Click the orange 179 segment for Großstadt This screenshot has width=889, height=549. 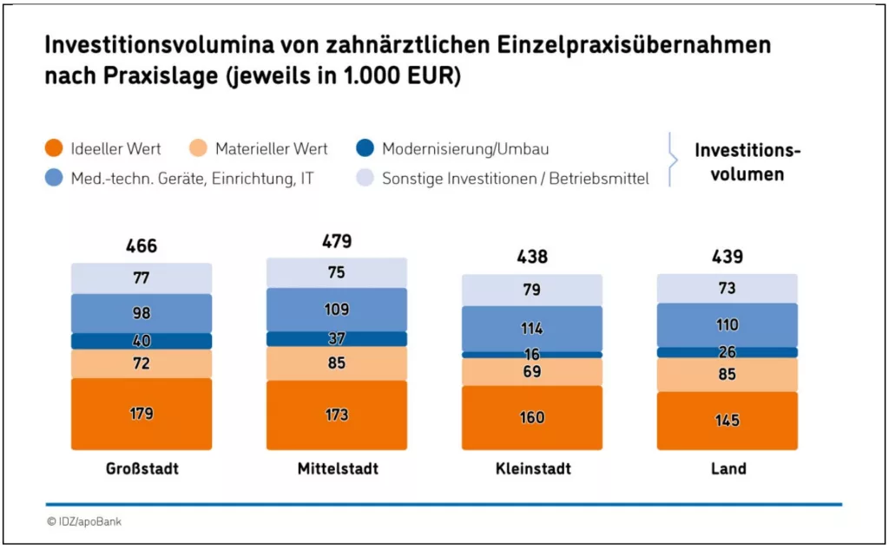[142, 414]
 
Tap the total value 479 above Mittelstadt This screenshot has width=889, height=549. [337, 241]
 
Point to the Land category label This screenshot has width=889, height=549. [728, 468]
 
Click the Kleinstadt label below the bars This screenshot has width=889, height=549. [532, 468]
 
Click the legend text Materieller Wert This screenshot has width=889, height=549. [271, 149]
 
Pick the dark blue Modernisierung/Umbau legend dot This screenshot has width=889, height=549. [365, 149]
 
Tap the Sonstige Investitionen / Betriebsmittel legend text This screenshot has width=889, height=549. [516, 180]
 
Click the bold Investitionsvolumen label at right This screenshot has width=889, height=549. [747, 162]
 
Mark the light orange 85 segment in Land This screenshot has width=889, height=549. [728, 375]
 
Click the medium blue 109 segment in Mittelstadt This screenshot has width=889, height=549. [337, 309]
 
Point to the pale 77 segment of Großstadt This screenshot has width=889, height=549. [142, 278]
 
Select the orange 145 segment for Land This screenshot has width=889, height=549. [728, 421]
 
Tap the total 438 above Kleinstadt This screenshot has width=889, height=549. [532, 257]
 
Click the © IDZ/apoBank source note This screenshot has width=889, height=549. [84, 522]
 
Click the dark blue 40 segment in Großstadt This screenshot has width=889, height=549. [142, 341]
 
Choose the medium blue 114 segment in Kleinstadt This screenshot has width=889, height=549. [532, 329]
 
